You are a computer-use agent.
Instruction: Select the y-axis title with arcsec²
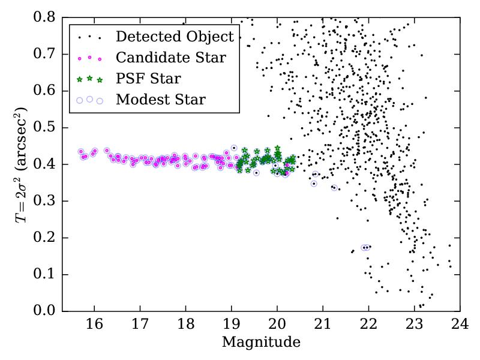coord(23,164)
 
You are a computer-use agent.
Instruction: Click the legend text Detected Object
coord(174,37)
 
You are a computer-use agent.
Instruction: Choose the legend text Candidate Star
coord(171,58)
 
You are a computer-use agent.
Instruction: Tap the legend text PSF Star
coord(148,79)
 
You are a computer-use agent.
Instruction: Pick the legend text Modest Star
coord(161,100)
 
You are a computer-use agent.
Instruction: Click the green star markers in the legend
coord(89,79)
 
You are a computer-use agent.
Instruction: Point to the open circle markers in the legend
coord(89,100)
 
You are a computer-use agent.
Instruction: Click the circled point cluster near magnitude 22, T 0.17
coord(366,247)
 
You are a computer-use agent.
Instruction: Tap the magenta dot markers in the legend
coord(89,58)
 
